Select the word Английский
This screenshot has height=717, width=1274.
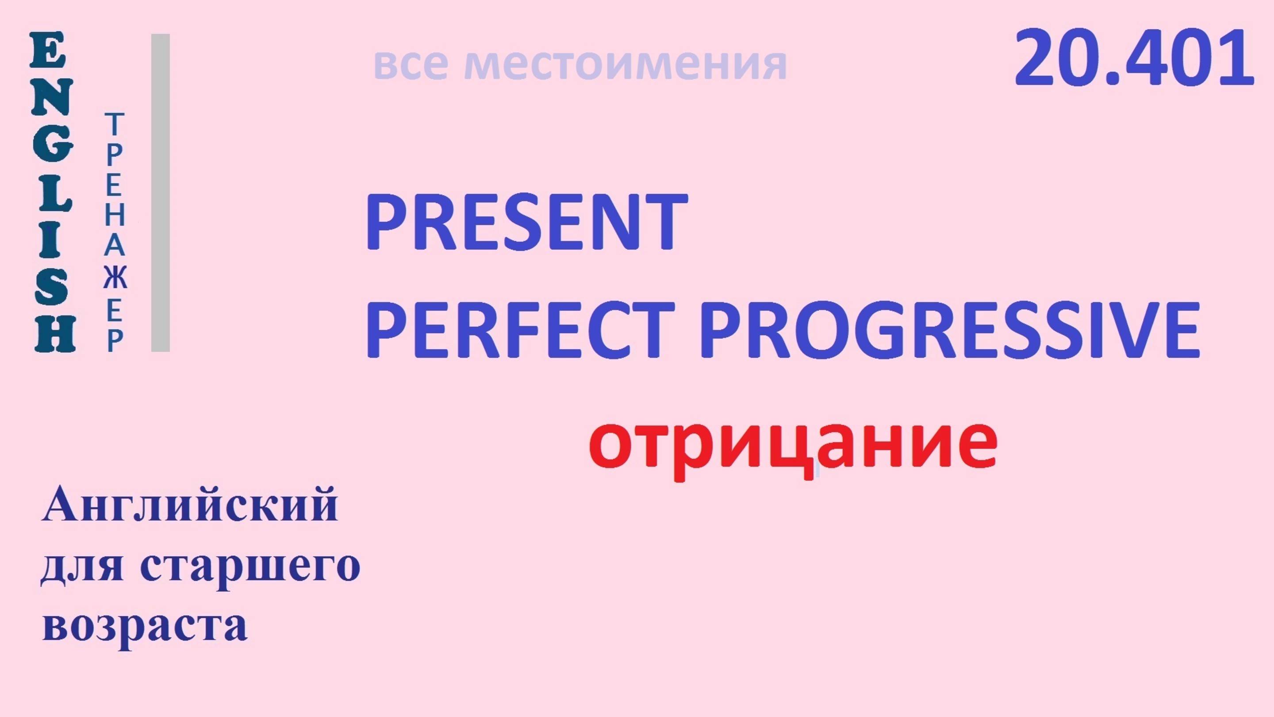click(x=190, y=505)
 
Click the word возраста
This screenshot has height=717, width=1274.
click(x=145, y=626)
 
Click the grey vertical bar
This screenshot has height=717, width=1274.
click(x=160, y=193)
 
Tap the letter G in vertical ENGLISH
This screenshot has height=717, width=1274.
click(x=53, y=146)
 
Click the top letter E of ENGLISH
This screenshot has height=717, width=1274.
click(x=48, y=50)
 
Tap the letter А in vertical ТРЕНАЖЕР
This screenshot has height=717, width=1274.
click(x=115, y=246)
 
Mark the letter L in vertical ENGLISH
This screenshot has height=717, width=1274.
click(x=53, y=193)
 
